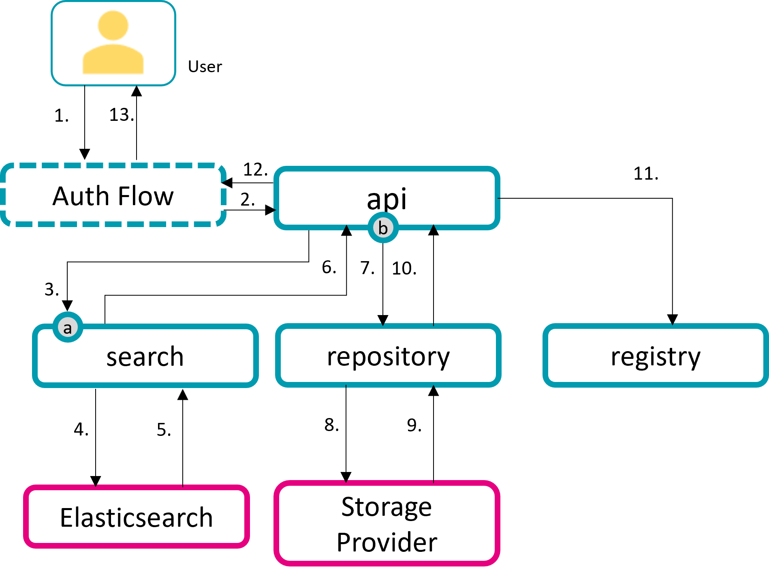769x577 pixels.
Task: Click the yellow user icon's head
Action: (x=113, y=26)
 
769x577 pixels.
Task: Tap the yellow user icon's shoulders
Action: (x=113, y=60)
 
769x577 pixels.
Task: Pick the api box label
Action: (x=387, y=199)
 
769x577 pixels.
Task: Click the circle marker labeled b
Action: (x=383, y=228)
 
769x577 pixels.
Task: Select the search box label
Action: (x=145, y=357)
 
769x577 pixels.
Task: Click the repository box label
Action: (x=388, y=357)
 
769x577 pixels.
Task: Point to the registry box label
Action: (x=655, y=357)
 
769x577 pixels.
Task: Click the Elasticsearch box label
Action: (x=136, y=518)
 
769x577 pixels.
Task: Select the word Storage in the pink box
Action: (x=387, y=507)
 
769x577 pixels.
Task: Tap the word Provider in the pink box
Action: (x=387, y=542)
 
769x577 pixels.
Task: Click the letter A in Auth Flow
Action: (x=62, y=197)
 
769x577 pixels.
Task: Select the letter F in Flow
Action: (x=124, y=197)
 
